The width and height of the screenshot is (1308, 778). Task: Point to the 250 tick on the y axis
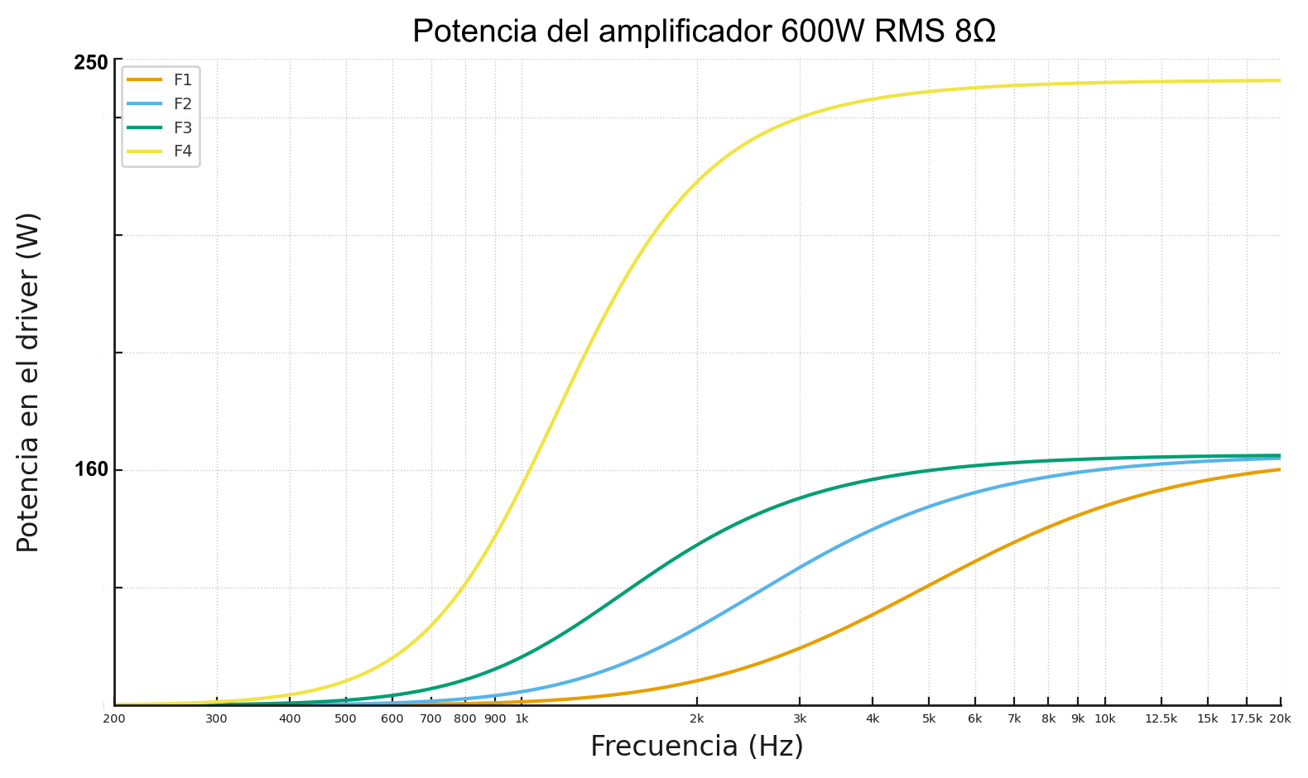tap(91, 63)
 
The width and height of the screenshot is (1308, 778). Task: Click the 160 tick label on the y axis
tap(91, 470)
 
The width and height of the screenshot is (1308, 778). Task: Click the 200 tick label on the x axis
tap(114, 718)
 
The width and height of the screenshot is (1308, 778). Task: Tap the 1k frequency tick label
tap(522, 718)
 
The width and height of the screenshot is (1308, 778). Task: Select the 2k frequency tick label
tap(697, 718)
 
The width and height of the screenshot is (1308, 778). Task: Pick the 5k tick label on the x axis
tap(929, 718)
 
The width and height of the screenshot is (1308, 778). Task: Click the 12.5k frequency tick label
tap(1161, 718)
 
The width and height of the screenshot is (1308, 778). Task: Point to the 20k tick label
tap(1280, 718)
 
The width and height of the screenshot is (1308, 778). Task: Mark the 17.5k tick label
tap(1246, 718)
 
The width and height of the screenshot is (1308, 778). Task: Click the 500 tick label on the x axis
tap(345, 718)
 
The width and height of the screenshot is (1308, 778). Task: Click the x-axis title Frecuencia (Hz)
tap(697, 747)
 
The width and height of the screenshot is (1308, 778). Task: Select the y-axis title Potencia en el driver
tap(28, 382)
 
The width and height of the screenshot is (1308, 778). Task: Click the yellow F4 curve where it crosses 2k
tap(697, 180)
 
